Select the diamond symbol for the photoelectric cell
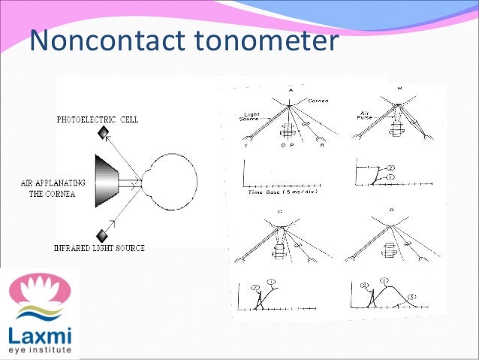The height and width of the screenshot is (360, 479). tap(102, 134)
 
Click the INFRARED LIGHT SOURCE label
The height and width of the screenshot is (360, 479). tap(99, 248)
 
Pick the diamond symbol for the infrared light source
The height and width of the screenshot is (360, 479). tap(102, 233)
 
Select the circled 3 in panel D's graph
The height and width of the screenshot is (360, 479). tap(413, 298)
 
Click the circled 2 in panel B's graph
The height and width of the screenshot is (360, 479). tap(391, 168)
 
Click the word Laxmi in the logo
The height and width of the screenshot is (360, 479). tap(37, 336)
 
